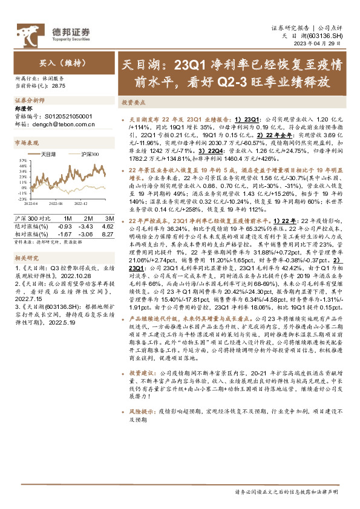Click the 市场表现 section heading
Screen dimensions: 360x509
click(x=27, y=143)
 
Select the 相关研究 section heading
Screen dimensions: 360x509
click(x=27, y=258)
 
